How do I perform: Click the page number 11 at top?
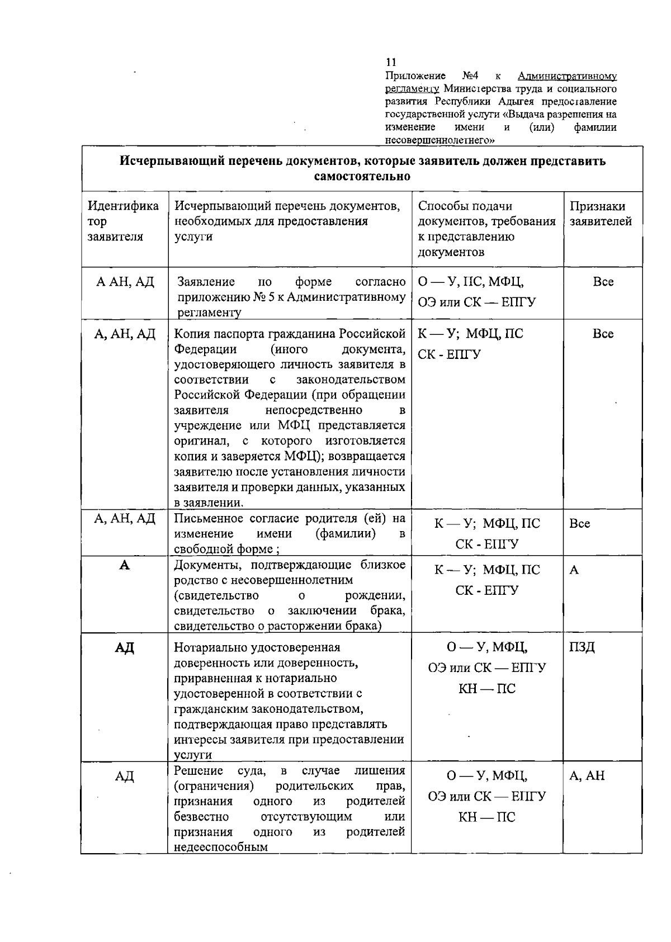click(391, 62)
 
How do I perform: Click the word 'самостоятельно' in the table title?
click(362, 177)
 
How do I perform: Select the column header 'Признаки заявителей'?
click(600, 214)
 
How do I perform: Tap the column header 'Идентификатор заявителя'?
click(123, 221)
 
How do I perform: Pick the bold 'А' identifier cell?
click(125, 565)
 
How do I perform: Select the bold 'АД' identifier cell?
click(125, 648)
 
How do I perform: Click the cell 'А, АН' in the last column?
click(587, 776)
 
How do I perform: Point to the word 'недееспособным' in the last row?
click(221, 847)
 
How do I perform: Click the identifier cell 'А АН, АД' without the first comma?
click(125, 282)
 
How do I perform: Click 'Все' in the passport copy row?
click(603, 334)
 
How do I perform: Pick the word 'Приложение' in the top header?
click(415, 76)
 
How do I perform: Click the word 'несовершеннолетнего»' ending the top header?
click(440, 140)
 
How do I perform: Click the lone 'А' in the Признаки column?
click(574, 570)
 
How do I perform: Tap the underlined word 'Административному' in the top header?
click(567, 76)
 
